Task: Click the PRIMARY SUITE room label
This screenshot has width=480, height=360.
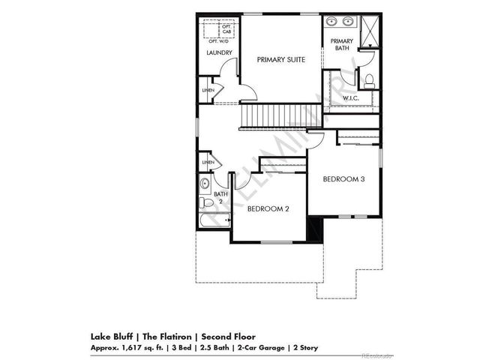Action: [280, 58]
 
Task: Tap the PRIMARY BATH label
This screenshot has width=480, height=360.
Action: [342, 45]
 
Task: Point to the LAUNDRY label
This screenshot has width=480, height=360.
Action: [219, 52]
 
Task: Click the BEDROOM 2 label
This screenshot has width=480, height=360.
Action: [268, 208]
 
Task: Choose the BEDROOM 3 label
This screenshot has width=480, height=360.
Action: [344, 179]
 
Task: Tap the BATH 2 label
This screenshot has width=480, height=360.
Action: [220, 197]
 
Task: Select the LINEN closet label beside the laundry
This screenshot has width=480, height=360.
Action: [208, 91]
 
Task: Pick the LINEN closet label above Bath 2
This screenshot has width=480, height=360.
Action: [208, 162]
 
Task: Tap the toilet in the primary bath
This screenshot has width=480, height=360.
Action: [368, 79]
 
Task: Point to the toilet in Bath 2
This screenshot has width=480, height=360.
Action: [205, 202]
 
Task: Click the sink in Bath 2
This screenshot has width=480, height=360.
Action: [205, 184]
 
